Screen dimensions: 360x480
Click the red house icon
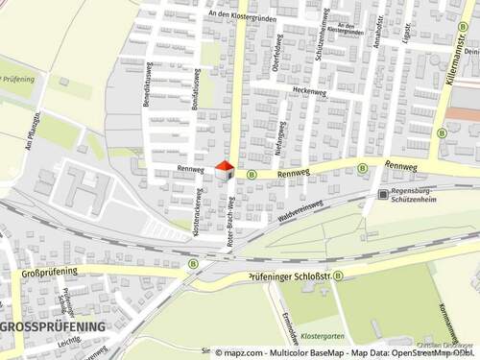(x=225, y=171)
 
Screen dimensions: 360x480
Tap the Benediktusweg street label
(x=148, y=84)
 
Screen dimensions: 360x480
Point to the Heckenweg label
(x=310, y=91)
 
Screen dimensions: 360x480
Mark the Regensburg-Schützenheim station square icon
(x=371, y=192)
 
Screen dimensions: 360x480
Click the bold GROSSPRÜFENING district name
(x=52, y=326)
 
